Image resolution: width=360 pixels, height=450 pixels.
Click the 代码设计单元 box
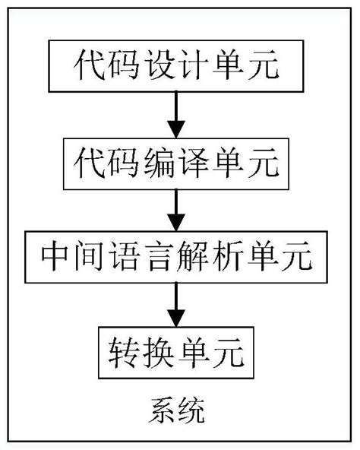[177, 65]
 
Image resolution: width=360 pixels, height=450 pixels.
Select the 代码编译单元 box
[177, 162]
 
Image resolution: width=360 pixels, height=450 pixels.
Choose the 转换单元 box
[177, 350]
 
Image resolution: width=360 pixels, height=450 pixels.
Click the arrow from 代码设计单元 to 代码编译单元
[177, 114]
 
